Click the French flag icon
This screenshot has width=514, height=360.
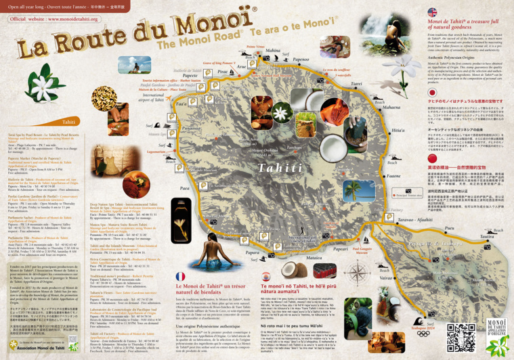pyautogui.click(x=181, y=277)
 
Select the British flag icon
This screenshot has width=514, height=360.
pyautogui.click(x=432, y=12)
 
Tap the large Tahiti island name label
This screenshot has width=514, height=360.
pyautogui.click(x=261, y=167)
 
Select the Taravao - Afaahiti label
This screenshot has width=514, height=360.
pyautogui.click(x=415, y=219)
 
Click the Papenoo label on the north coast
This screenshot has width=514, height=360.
pyautogui.click(x=300, y=60)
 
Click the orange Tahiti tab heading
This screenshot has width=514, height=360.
pyautogui.click(x=68, y=122)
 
